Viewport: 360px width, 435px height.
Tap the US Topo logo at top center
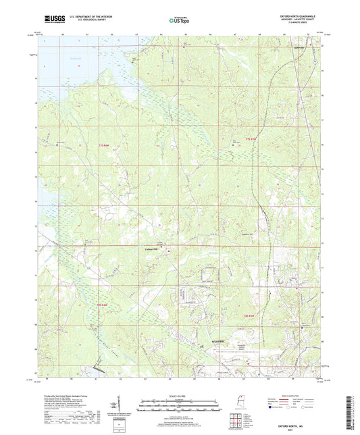click(178, 21)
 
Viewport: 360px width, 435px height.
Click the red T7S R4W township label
click(103, 146)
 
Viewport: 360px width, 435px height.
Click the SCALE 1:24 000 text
click(180, 395)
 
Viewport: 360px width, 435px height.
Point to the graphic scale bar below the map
click(180, 405)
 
